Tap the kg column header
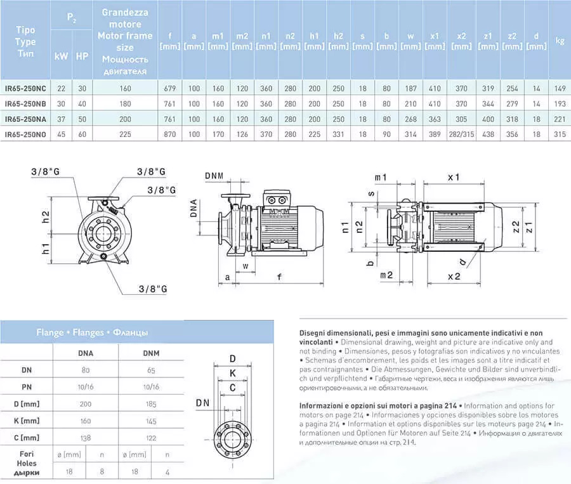point(560,41)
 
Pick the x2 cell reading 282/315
point(461,134)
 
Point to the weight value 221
point(560,119)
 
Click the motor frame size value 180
point(126,103)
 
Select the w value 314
point(410,134)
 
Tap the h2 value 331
point(338,134)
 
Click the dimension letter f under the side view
point(279,277)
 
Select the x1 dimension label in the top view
point(453,177)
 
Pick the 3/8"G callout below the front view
point(152,289)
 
